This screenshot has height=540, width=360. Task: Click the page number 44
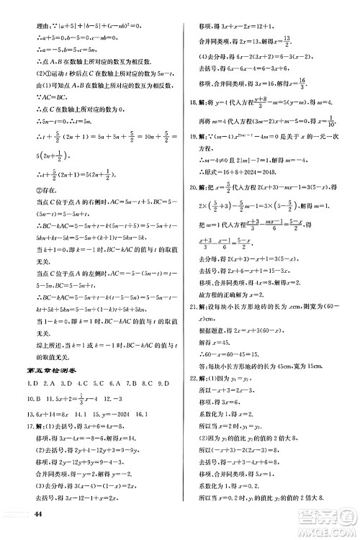click(39, 514)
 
